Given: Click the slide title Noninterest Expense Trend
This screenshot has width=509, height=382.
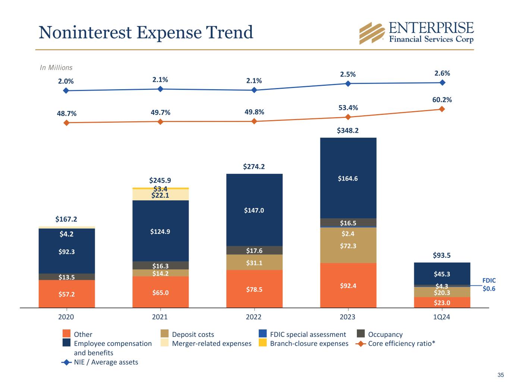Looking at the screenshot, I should coord(146,32).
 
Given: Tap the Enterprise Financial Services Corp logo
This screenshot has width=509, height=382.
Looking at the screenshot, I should coord(416,33).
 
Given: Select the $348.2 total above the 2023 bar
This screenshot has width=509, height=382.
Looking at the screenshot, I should coord(348,131).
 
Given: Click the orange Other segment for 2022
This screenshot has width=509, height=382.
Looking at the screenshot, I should coord(254,289).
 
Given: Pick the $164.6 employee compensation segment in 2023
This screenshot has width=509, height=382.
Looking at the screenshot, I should coord(348,178).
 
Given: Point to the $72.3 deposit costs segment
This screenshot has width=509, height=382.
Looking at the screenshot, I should coord(348,246).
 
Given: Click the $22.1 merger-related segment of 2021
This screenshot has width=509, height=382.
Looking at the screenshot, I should coord(160,195).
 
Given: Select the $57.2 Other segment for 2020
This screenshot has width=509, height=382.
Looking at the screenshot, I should coord(66,294).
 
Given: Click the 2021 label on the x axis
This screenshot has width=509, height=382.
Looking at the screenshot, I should coord(160,317).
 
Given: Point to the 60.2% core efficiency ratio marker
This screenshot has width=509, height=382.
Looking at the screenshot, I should coord(442,109).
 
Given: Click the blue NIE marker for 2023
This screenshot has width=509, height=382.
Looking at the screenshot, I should coord(348,84).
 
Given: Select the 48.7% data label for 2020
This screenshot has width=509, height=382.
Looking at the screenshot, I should coord(66,113).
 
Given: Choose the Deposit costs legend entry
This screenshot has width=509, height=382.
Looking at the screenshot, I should coord(193,334).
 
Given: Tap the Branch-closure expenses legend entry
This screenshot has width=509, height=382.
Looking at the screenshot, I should coord(309,344).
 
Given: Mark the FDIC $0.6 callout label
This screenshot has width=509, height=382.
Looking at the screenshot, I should coord(489,285).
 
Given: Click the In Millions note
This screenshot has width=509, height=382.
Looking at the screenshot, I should coord(56,68).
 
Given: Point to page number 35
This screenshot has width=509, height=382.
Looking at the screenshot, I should coord(500,375).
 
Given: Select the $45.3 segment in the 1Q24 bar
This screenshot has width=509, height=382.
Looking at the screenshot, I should coord(442,274).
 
